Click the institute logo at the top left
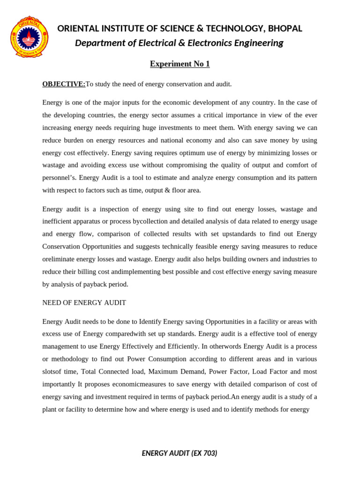tap(29, 36)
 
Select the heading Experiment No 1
tap(180, 64)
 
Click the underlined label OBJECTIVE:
tap(64, 84)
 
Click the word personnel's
tap(59, 178)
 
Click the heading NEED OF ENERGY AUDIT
tap(84, 303)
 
